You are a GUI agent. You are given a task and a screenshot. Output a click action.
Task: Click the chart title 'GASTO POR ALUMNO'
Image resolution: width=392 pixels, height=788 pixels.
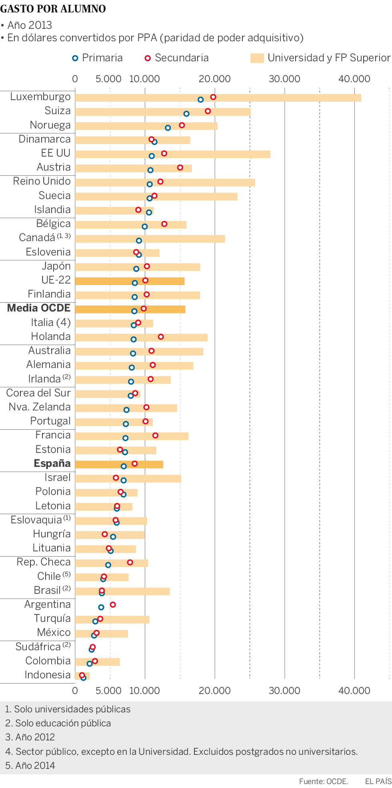pyautogui.click(x=53, y=9)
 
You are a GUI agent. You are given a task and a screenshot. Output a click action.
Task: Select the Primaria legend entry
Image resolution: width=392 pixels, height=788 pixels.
pyautogui.click(x=97, y=58)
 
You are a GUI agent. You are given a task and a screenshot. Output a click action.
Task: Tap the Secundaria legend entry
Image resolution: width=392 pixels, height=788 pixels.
pyautogui.click(x=176, y=58)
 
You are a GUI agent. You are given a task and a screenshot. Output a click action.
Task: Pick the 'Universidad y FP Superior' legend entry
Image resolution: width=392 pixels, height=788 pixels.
pyautogui.click(x=320, y=58)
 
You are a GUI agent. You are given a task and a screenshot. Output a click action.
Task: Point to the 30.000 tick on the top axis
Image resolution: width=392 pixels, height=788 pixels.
pyautogui.click(x=284, y=79)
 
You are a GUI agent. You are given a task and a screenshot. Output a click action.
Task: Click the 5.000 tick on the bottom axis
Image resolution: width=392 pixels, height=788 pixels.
pyautogui.click(x=108, y=691)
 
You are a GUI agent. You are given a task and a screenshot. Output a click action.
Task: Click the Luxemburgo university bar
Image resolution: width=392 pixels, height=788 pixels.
pyautogui.click(x=218, y=98)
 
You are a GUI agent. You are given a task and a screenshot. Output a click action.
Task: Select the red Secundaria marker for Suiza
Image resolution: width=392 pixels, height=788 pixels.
pyautogui.click(x=208, y=111)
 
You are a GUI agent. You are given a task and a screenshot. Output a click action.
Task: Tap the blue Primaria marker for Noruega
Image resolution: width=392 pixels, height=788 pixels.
pyautogui.click(x=168, y=128)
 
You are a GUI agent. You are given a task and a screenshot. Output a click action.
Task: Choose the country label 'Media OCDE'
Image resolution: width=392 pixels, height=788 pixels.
pyautogui.click(x=39, y=308)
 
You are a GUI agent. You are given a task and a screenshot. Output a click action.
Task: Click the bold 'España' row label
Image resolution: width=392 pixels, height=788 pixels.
pyautogui.click(x=52, y=463)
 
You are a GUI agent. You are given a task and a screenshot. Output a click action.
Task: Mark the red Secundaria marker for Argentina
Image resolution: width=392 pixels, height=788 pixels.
pyautogui.click(x=113, y=605)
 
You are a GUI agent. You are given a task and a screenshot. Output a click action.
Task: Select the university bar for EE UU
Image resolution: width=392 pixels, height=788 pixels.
pyautogui.click(x=172, y=154)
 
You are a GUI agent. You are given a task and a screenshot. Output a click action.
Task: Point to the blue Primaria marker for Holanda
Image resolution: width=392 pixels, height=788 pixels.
pyautogui.click(x=134, y=339)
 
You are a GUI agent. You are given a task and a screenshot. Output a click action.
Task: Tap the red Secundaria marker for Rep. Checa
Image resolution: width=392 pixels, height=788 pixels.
pyautogui.click(x=130, y=563)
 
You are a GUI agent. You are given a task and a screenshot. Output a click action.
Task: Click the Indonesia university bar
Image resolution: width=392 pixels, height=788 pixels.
pyautogui.click(x=82, y=676)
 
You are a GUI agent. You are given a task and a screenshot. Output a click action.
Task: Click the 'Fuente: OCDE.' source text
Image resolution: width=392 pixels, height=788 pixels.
pyautogui.click(x=323, y=781)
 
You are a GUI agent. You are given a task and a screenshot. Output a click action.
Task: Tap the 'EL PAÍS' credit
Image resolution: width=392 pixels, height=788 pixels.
pyautogui.click(x=378, y=781)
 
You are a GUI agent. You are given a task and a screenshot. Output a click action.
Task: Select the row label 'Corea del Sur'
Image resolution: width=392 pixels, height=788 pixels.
pyautogui.click(x=38, y=393)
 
